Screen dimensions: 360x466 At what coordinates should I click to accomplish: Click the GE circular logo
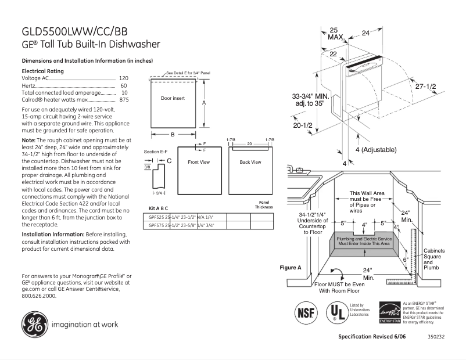click(x=33, y=325)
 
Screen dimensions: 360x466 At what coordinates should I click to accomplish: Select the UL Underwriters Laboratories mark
click(x=335, y=312)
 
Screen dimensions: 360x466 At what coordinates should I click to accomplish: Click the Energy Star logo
click(x=389, y=312)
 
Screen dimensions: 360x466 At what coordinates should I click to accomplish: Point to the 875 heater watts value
click(x=124, y=100)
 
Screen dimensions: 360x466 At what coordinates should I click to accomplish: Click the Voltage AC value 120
click(x=124, y=78)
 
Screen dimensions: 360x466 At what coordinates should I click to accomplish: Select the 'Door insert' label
click(x=173, y=99)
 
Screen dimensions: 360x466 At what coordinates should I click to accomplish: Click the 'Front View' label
click(x=198, y=162)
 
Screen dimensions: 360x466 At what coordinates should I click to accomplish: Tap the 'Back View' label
click(x=250, y=162)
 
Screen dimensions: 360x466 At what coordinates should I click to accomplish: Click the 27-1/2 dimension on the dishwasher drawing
click(x=425, y=86)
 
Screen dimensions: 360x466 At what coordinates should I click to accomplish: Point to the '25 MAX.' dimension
click(x=335, y=34)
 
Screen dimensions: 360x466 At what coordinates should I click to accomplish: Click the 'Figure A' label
click(x=291, y=268)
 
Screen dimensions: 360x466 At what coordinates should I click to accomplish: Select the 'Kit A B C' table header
click(x=159, y=208)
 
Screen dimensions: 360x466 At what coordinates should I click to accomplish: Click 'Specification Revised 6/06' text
click(x=372, y=337)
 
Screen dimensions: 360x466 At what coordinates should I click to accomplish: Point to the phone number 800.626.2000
click(x=39, y=296)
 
